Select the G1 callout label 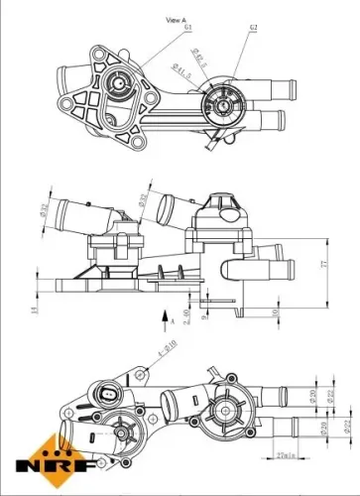pyautogui.click(x=187, y=28)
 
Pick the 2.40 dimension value pyautogui.click(x=184, y=315)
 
